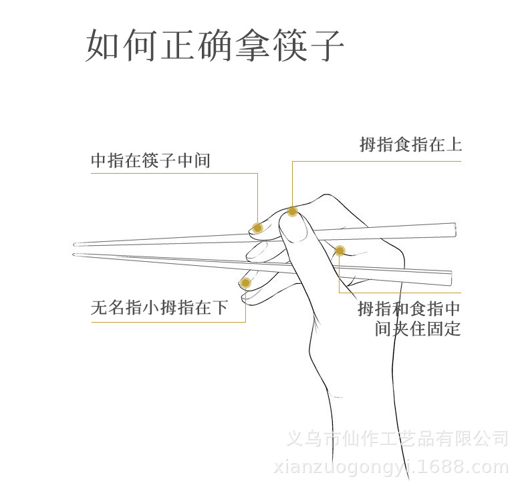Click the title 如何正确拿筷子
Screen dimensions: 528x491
(215, 45)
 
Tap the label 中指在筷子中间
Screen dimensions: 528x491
(150, 160)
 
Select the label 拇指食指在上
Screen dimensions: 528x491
(410, 144)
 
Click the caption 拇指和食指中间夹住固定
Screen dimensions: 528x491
(409, 319)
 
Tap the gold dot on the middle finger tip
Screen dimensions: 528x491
(257, 228)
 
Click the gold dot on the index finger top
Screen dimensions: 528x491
(292, 212)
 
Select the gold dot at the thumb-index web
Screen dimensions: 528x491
(340, 251)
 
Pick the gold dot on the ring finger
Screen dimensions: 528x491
(245, 283)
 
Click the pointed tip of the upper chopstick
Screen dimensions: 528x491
(75, 244)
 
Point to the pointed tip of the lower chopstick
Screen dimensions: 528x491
(74, 254)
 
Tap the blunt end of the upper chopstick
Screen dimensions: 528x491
(454, 228)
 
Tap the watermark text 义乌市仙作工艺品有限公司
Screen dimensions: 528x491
(397, 439)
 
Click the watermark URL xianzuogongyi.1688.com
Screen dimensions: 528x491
(391, 467)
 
